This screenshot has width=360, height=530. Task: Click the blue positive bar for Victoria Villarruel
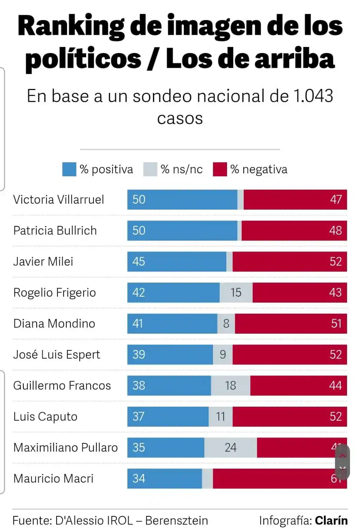[182, 200]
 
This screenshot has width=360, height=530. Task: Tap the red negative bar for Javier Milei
[290, 261]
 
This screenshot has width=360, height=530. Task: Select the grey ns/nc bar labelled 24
[230, 447]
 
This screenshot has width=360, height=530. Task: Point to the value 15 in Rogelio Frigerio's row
[236, 293]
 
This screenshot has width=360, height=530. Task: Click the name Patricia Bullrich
[55, 231]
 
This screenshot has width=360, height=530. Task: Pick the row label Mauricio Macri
[53, 479]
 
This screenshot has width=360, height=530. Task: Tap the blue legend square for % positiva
[69, 169]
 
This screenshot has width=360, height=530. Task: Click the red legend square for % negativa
[220, 169]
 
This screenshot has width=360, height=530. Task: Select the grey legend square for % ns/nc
[150, 169]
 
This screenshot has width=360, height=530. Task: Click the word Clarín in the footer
[331, 520]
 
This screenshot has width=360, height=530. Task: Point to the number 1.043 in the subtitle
[313, 96]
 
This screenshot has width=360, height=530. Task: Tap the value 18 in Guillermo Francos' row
[230, 386]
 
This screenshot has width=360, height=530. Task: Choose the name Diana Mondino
[54, 324]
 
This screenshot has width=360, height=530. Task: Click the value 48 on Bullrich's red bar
[335, 231]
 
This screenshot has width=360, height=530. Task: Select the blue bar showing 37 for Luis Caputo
[168, 417]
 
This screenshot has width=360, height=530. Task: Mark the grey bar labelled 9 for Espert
[223, 355]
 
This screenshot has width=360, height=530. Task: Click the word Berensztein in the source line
[176, 520]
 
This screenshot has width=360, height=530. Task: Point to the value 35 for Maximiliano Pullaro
[139, 447]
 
